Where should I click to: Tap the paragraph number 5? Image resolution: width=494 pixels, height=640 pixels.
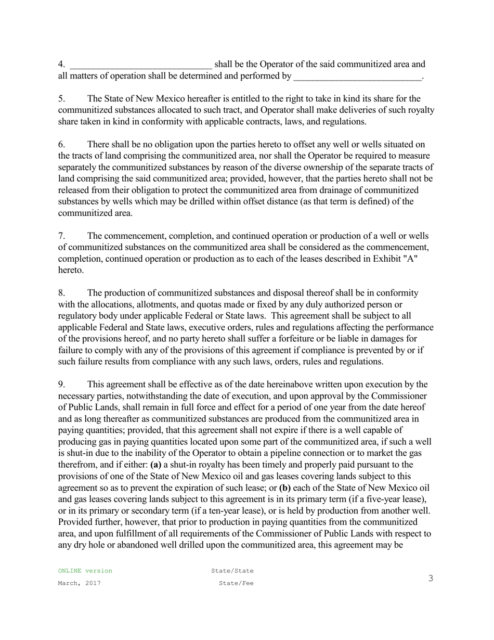pos(61,99)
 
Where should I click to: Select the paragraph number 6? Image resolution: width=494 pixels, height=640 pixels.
pos(61,145)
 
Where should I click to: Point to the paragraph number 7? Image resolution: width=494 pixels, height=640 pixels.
pos(61,236)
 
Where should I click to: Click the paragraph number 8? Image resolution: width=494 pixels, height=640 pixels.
pos(61,293)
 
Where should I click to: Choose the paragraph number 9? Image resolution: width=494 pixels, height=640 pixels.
pos(61,385)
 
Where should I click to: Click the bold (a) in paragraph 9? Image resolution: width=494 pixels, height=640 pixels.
pos(155,465)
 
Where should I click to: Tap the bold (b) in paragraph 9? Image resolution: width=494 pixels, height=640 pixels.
pos(284,488)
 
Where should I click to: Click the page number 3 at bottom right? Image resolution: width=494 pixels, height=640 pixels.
pos(431,579)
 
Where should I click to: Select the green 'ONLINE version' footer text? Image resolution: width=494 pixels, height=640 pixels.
pos(85,571)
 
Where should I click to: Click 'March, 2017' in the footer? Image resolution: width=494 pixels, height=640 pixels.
pos(80,583)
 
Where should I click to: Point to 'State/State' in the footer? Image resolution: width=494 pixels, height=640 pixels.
pos(232,571)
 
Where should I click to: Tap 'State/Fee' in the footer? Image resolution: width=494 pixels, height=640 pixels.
pos(236,583)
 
